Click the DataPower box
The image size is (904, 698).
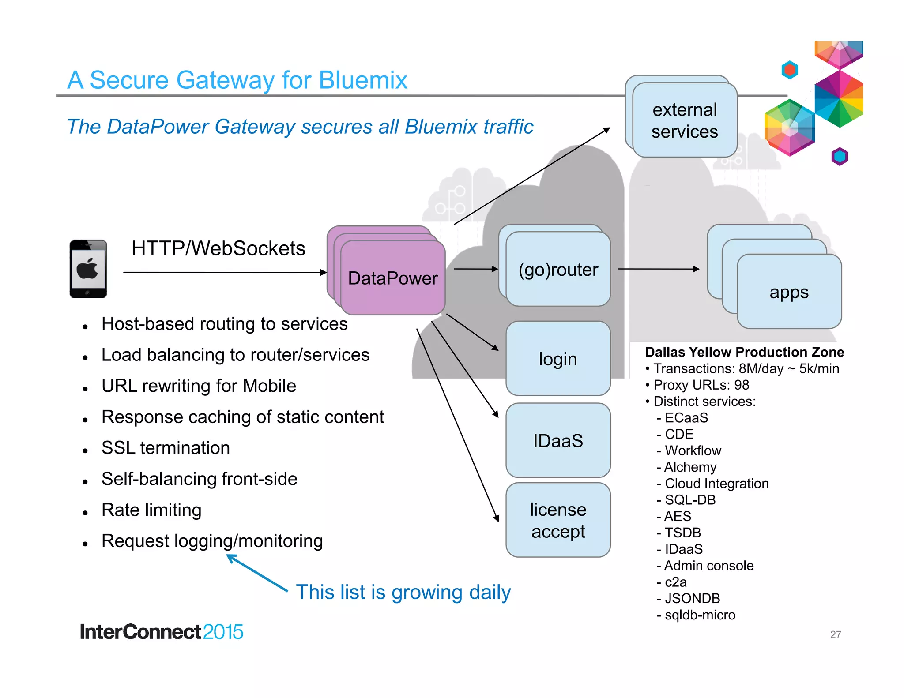point(392,278)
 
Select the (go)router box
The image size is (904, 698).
point(558,269)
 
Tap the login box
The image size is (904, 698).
point(558,359)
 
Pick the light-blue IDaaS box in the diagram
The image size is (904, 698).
point(558,440)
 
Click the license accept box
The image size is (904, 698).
point(558,520)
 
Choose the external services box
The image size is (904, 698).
point(685,120)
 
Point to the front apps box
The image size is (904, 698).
point(789,292)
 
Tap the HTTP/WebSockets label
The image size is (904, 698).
point(218,248)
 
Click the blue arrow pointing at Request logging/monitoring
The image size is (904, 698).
point(256,573)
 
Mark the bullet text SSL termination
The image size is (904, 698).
point(166,448)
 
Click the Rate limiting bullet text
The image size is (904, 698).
point(151,510)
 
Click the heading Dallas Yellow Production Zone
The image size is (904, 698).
point(744,352)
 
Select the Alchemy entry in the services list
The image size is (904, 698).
point(690,467)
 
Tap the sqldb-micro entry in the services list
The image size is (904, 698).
point(700,615)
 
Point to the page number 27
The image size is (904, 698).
point(835,634)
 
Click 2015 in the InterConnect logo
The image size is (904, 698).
point(223,632)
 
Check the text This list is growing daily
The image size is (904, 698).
point(403,592)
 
